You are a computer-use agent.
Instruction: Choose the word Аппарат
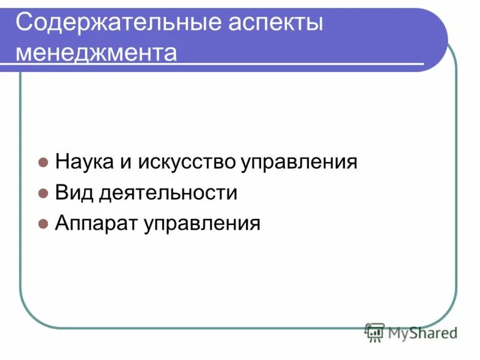(96, 224)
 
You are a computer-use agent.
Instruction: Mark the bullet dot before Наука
(43, 163)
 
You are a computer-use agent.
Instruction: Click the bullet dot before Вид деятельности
(43, 194)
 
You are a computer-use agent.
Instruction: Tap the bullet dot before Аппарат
(43, 225)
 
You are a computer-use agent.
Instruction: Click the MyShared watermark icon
(374, 332)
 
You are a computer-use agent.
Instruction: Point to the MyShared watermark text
(422, 332)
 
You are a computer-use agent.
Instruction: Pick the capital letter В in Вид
(62, 193)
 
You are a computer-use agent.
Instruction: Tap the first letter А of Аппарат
(63, 224)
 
